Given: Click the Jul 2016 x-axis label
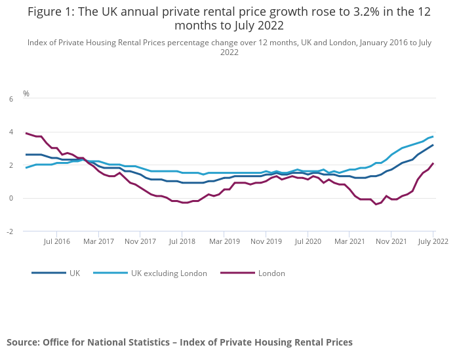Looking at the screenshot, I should click(x=57, y=241).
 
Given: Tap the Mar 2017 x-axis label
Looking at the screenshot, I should click(x=99, y=241).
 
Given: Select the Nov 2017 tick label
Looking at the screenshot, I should click(x=140, y=241).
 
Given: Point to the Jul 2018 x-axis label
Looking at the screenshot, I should click(x=182, y=241).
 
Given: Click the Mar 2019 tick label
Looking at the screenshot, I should click(x=224, y=241).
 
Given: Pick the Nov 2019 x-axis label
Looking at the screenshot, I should click(x=266, y=241).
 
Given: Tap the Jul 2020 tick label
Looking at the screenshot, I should click(x=308, y=241).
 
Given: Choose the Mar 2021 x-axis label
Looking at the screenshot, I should click(x=349, y=241).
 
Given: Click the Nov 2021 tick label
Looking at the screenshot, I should click(x=391, y=241).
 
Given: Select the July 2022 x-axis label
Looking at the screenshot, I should click(x=433, y=241).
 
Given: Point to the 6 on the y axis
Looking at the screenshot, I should click(x=10, y=99).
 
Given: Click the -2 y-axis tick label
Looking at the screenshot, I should click(x=10, y=231).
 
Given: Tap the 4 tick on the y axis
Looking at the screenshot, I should click(x=10, y=132).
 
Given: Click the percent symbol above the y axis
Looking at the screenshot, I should click(x=26, y=94).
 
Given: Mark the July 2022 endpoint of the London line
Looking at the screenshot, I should click(x=433, y=163).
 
